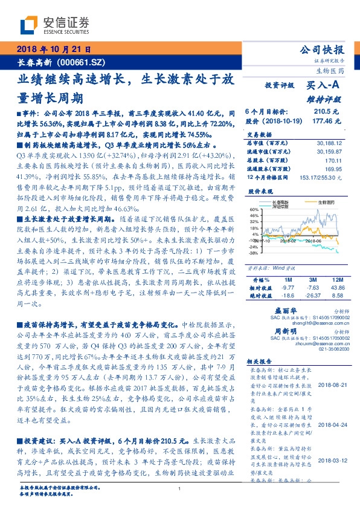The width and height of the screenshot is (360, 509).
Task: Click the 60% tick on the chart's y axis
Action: (254, 209)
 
